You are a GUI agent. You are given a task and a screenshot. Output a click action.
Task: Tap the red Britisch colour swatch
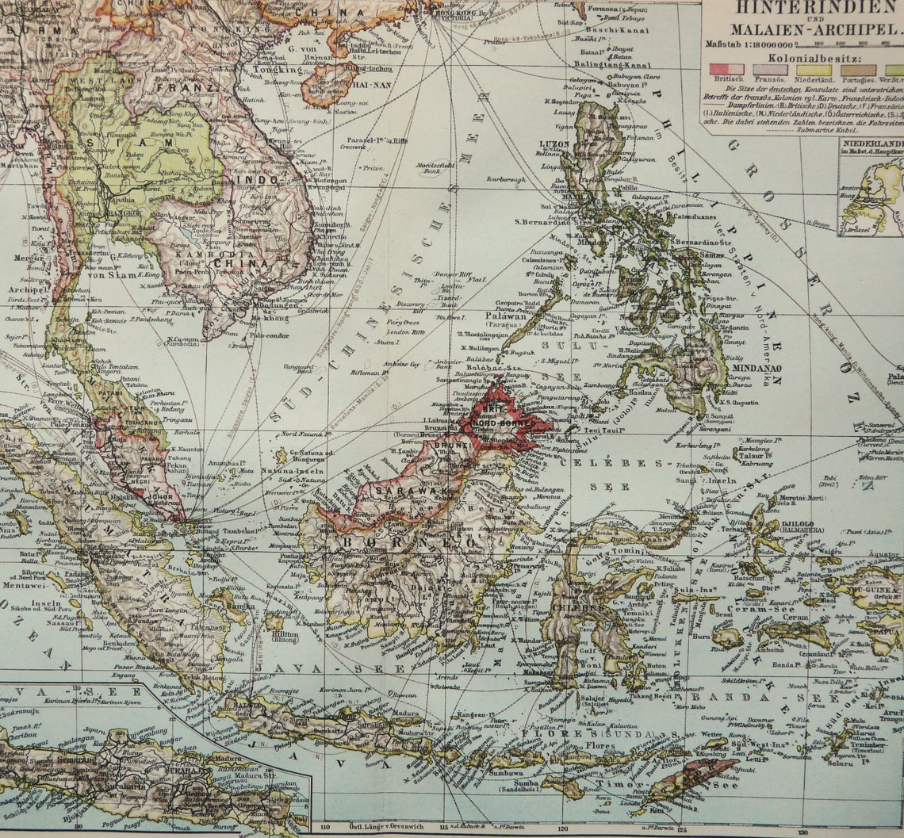coord(726,69)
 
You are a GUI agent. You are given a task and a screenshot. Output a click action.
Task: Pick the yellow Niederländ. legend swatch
coord(814,70)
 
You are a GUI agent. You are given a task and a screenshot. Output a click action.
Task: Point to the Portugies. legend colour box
coord(858,70)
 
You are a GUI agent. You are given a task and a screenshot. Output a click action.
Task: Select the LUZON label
coord(554,143)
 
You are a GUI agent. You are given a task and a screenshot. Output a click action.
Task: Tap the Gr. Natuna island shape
coord(281,456)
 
